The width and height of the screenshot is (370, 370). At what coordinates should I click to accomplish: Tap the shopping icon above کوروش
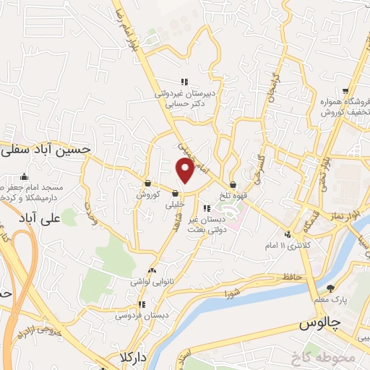147,183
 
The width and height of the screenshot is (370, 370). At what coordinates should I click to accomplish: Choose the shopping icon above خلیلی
176,192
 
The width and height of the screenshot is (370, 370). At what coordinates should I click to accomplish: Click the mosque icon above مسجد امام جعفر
25,176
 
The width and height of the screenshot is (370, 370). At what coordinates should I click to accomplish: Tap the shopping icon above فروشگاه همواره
346,91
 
